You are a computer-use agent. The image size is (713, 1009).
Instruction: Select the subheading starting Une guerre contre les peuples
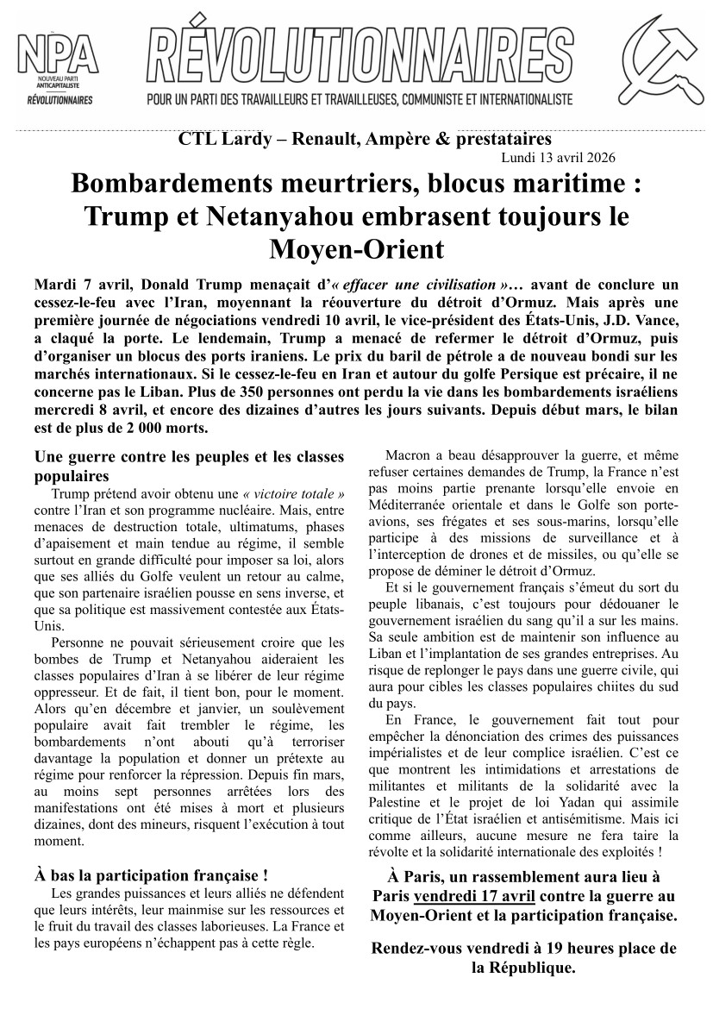[x=188, y=466]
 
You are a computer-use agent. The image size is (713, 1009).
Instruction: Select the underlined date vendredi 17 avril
[x=466, y=896]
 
